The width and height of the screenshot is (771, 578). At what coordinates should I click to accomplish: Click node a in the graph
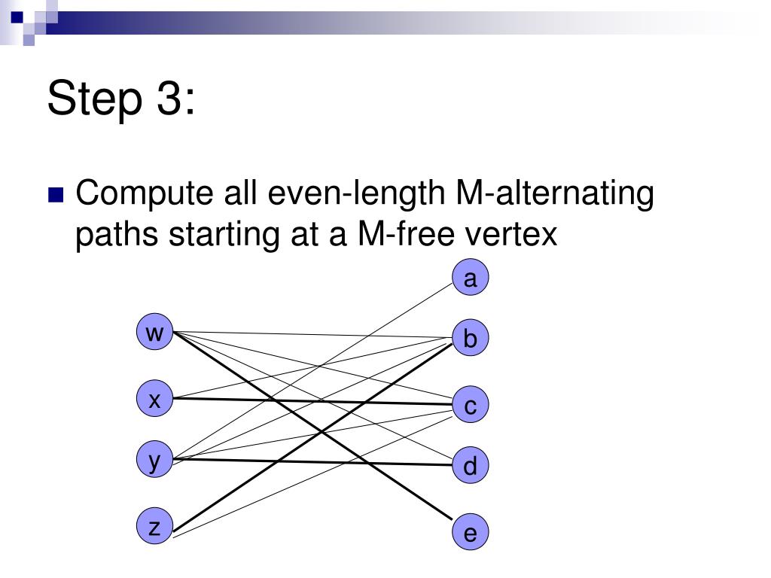(x=471, y=279)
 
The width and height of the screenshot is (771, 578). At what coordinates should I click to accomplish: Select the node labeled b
(x=471, y=339)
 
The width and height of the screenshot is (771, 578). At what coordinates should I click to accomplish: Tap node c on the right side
(x=471, y=406)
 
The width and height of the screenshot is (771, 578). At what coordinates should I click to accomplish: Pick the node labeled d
(x=471, y=467)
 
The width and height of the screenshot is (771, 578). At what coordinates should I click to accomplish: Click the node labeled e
(x=471, y=534)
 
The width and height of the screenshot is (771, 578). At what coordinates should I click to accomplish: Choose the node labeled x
(x=154, y=400)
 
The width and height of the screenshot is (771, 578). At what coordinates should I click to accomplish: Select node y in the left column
(x=154, y=460)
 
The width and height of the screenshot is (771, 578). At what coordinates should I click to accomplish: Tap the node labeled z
(x=154, y=527)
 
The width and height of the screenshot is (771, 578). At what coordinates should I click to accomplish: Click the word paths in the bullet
(x=116, y=235)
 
